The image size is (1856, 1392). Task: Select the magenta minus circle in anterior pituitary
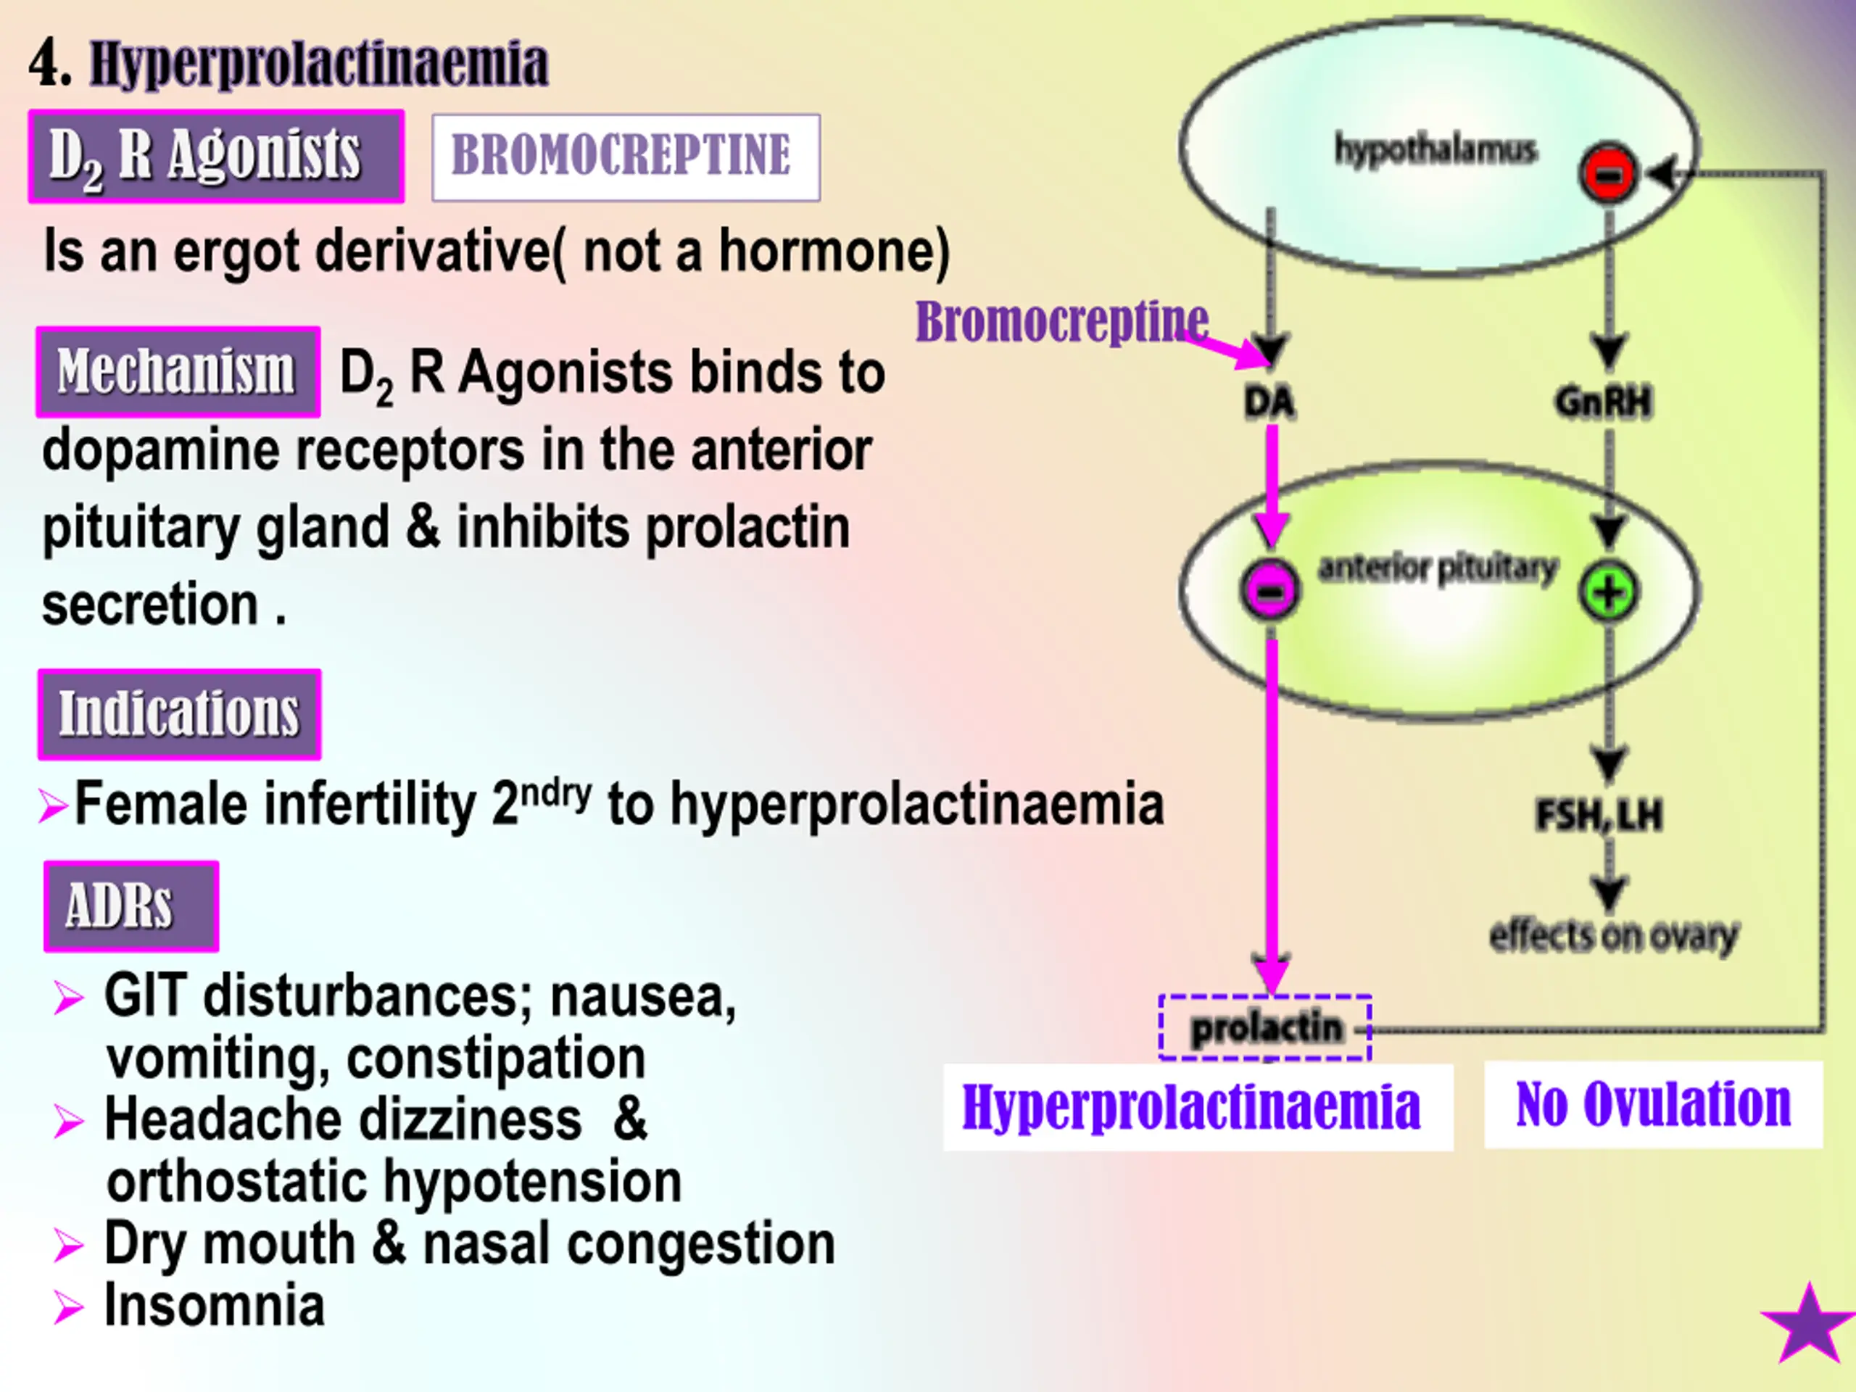click(x=1270, y=590)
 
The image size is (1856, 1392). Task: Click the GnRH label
click(x=1604, y=402)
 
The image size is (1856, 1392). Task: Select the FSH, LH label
click(x=1599, y=815)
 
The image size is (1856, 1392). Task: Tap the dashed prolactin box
click(x=1265, y=1028)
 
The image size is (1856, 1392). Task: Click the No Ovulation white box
click(x=1654, y=1104)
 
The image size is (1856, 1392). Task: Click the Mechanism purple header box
click(x=178, y=372)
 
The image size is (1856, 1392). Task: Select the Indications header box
click(x=180, y=714)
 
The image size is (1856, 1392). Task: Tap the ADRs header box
click(x=132, y=906)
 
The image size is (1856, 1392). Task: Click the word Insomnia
click(x=214, y=1306)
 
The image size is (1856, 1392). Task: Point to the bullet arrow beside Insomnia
click(x=69, y=1307)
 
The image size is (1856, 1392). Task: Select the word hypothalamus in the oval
click(x=1435, y=150)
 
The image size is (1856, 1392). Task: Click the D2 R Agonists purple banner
click(x=217, y=156)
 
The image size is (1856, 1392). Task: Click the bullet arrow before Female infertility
click(x=54, y=806)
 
